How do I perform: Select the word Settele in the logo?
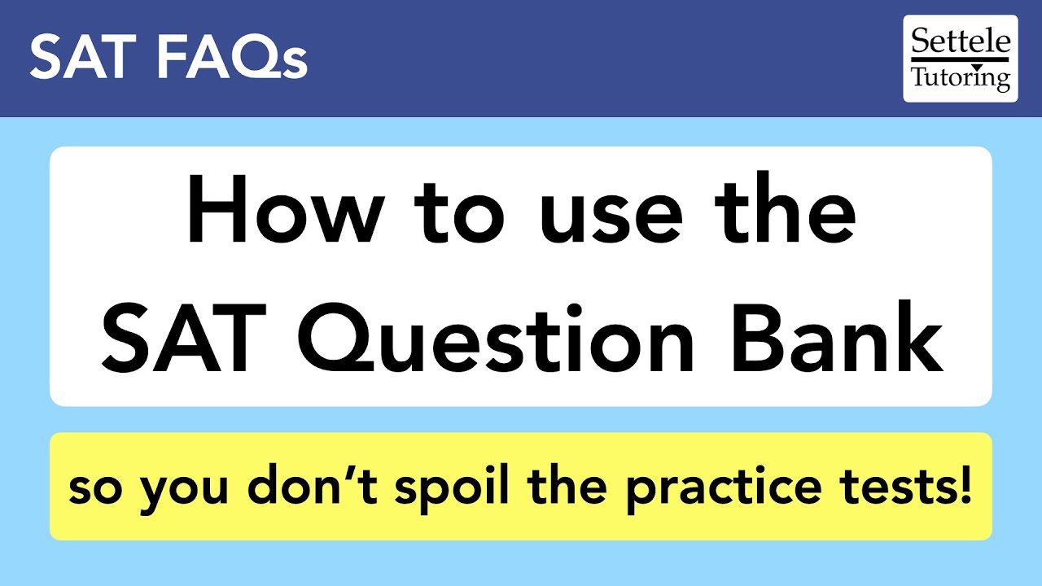[x=961, y=42]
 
